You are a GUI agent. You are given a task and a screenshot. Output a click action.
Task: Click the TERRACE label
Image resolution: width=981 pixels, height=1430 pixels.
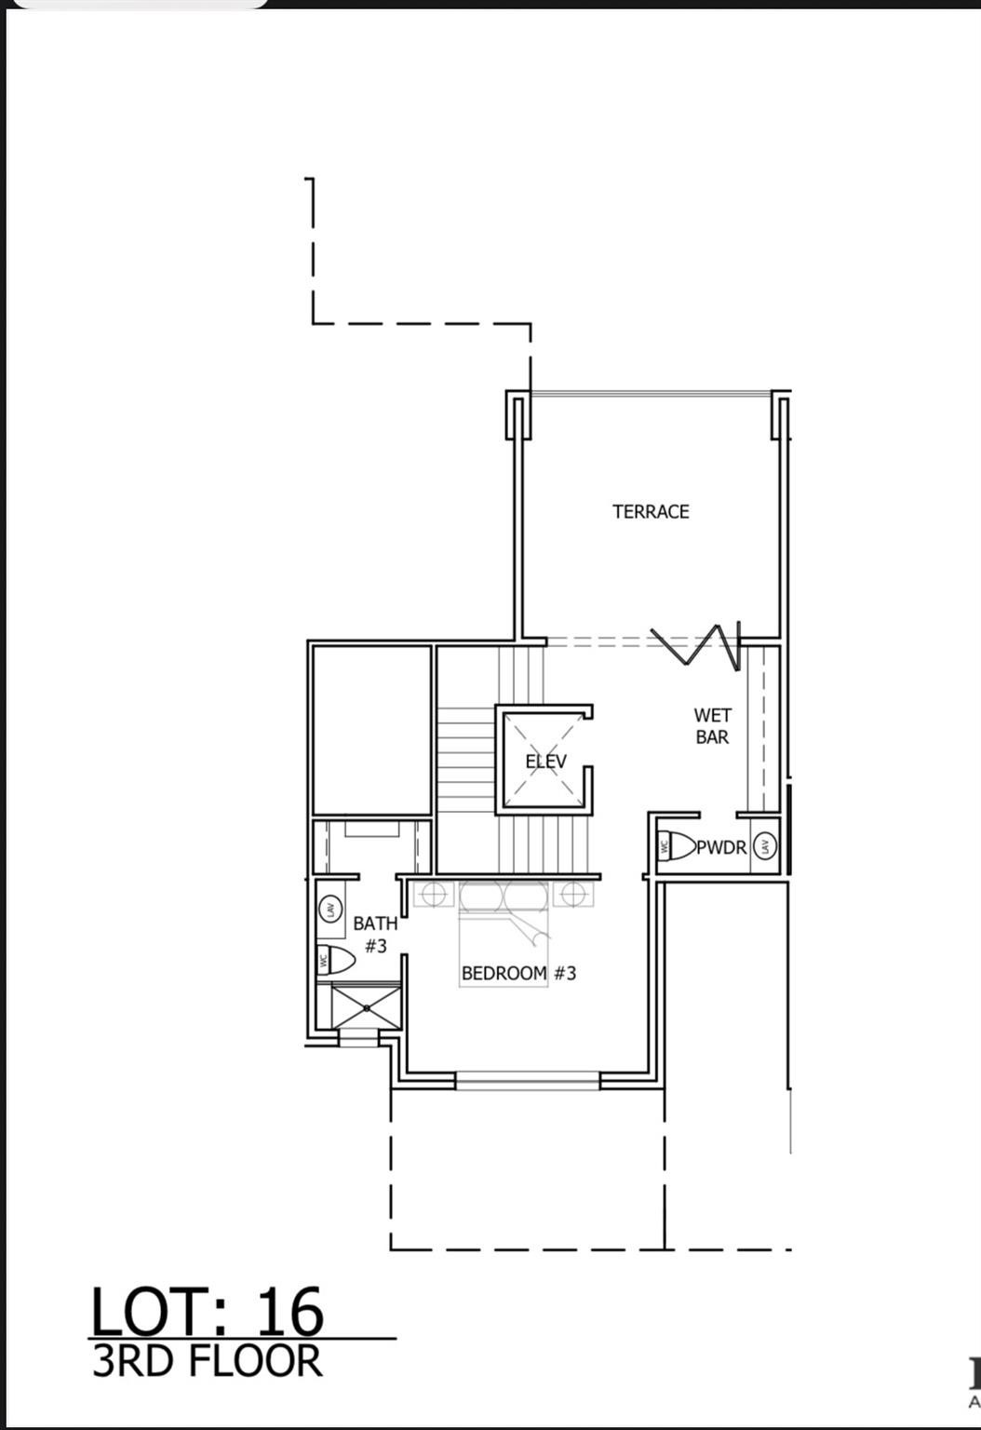coord(651,511)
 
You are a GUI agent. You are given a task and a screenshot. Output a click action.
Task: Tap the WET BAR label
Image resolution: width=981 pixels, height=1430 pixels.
coord(712,726)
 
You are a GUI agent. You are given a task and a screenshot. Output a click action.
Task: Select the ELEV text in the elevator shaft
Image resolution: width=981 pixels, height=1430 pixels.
coord(545,762)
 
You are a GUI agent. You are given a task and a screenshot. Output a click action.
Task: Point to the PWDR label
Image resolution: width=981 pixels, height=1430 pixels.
coord(722,847)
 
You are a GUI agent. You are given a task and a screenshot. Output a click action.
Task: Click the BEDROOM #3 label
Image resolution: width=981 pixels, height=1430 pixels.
coord(518,973)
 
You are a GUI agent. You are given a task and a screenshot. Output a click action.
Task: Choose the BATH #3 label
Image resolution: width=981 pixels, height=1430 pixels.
coord(375,934)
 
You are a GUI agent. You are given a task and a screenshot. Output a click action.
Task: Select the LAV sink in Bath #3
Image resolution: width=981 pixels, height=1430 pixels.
coord(329,908)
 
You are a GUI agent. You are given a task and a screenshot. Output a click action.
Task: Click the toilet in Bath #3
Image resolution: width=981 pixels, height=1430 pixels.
coord(336,959)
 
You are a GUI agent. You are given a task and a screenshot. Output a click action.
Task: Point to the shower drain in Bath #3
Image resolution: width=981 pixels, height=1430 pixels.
coord(368,1007)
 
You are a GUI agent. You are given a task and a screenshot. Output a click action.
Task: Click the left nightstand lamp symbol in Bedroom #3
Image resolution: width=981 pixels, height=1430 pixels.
coord(430,895)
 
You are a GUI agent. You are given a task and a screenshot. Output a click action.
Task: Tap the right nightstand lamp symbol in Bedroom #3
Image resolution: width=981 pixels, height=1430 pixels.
coord(573,895)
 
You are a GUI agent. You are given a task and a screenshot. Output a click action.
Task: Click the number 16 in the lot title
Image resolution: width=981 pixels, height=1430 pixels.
coord(289,1313)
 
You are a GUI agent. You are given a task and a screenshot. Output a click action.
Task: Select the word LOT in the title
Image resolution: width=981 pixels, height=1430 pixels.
coord(158,1313)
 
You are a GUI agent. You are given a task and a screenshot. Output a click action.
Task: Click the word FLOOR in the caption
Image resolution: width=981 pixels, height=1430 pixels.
coord(257,1361)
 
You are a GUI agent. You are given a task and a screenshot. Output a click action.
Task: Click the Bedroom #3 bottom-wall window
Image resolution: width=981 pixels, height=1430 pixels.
coord(528,1080)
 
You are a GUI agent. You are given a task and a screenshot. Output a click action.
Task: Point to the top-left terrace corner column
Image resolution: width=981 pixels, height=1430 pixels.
coord(518,413)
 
